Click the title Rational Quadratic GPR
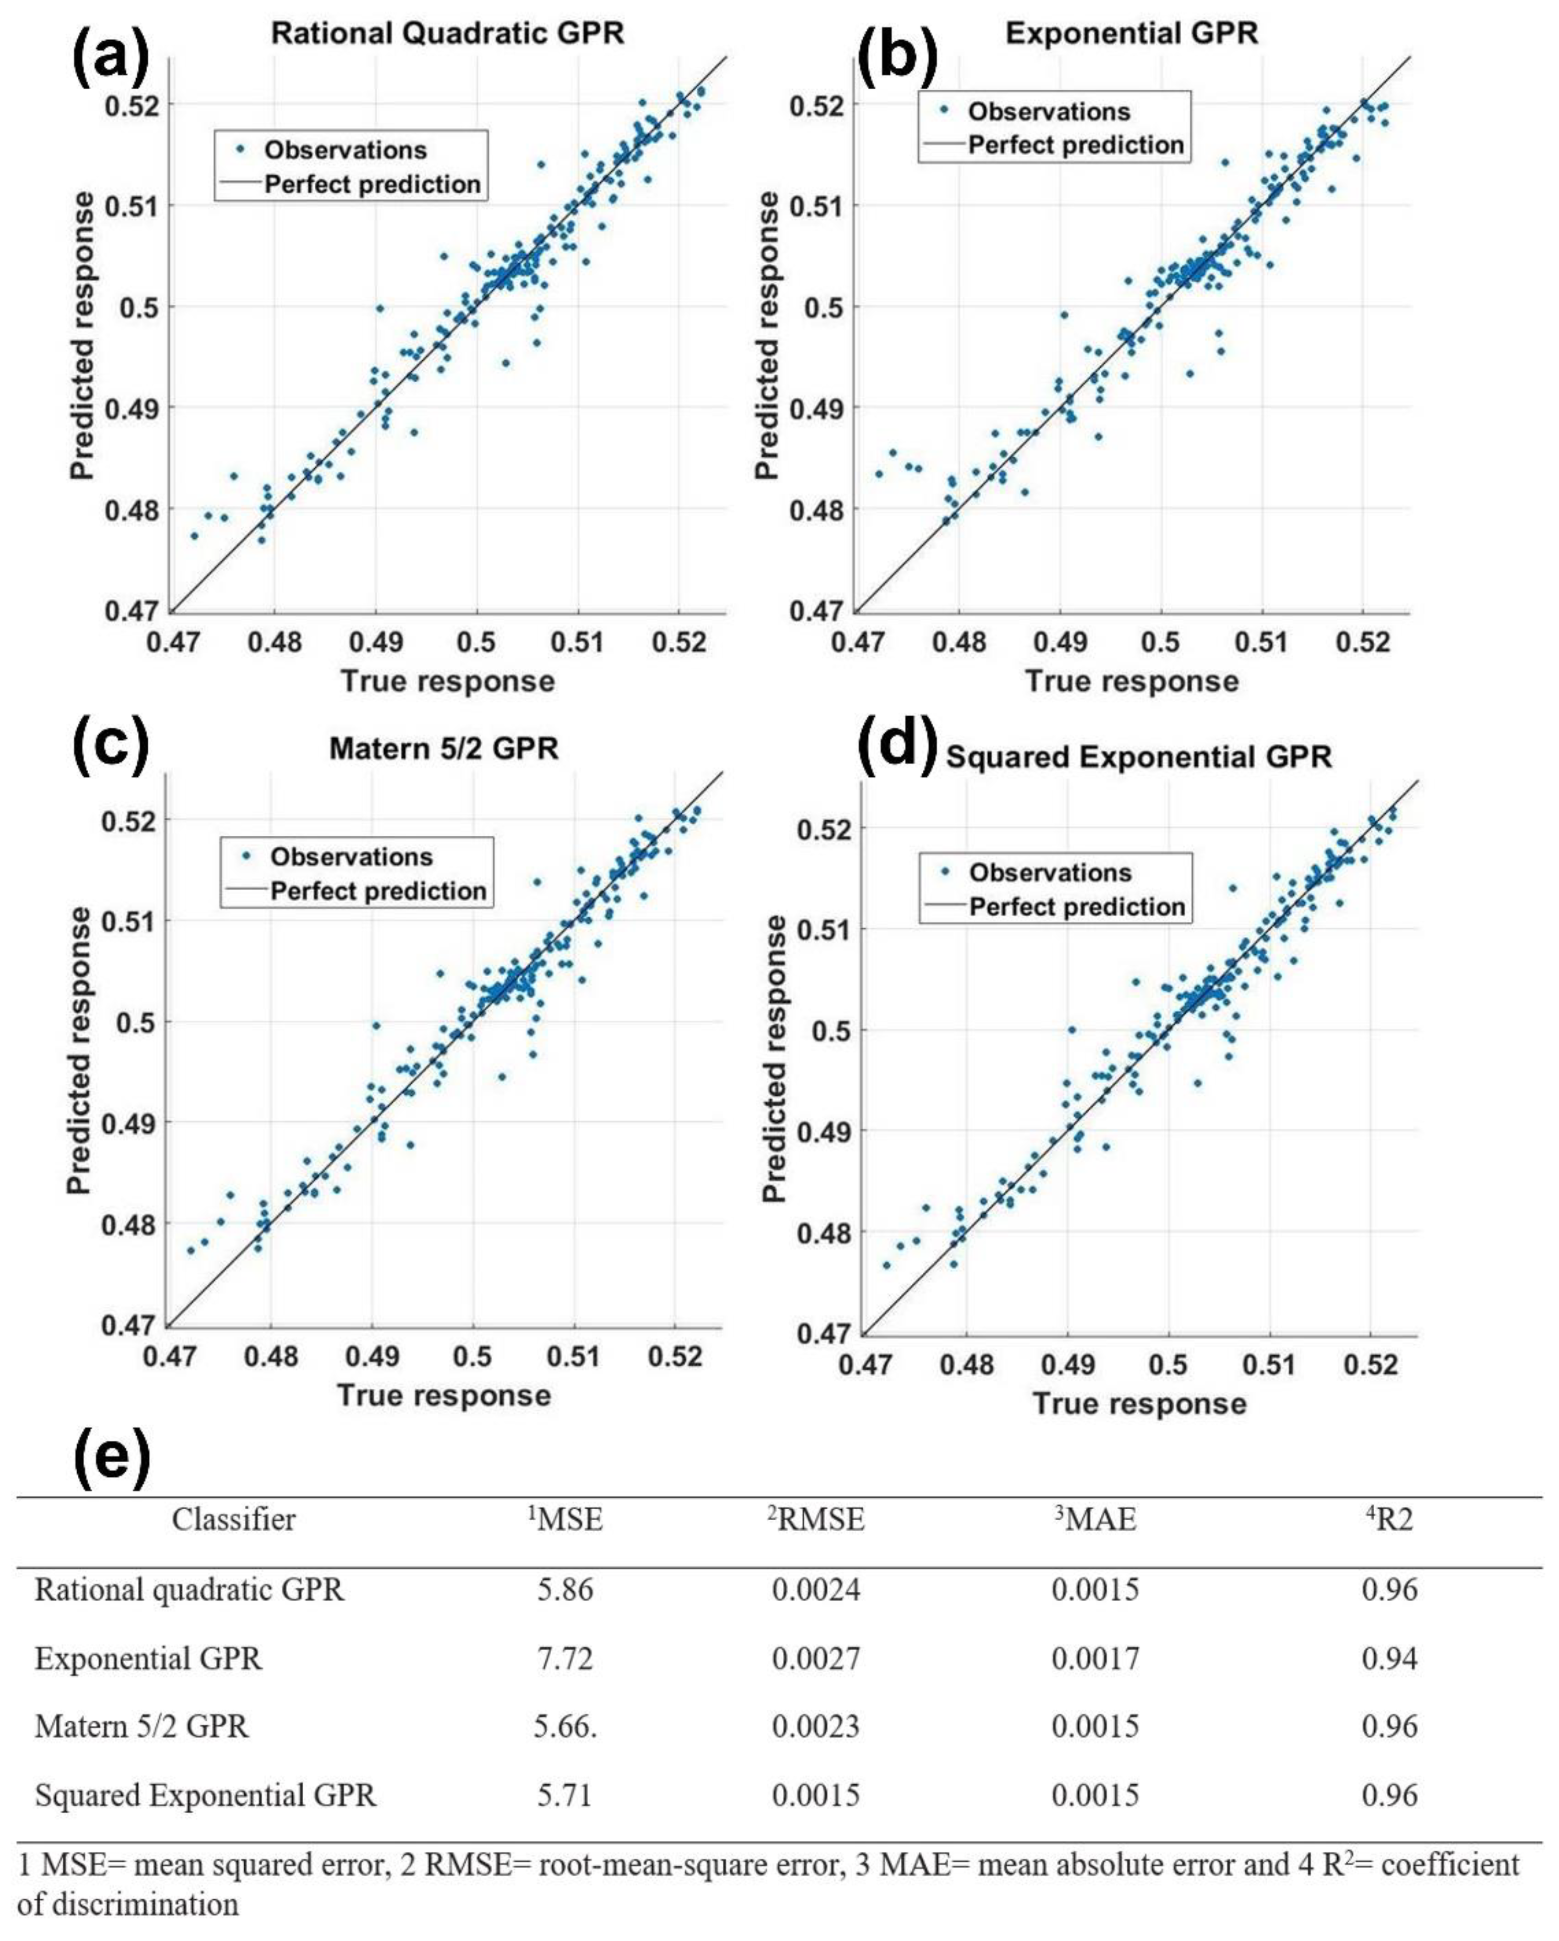[x=447, y=33]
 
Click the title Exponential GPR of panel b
[x=1132, y=33]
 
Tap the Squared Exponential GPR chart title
[x=1139, y=756]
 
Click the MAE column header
[x=1094, y=1520]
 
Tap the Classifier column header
[x=233, y=1520]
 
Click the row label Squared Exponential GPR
[x=205, y=1795]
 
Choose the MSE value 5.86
[x=564, y=1589]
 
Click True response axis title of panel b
[x=1132, y=681]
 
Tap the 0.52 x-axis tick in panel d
[x=1370, y=1365]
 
